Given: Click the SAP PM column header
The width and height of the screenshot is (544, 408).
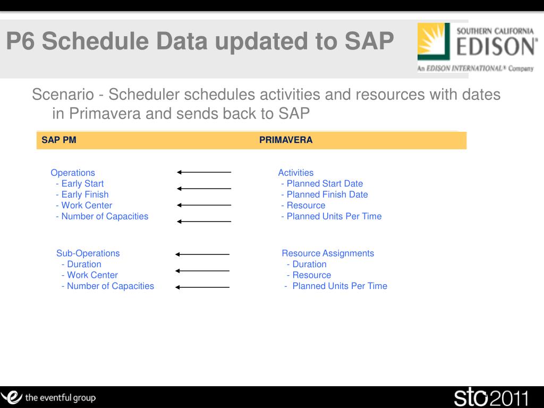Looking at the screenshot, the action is click(59, 140).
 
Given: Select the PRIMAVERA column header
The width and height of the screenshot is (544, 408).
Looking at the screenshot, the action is click(286, 140).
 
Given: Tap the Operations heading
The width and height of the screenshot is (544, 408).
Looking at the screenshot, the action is click(73, 173).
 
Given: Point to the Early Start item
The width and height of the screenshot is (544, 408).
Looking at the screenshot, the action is click(82, 183).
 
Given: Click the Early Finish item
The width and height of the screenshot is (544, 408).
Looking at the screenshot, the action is click(85, 194).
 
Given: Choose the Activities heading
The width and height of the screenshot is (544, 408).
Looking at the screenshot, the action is click(296, 173).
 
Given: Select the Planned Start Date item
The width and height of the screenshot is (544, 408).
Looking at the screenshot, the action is click(325, 183).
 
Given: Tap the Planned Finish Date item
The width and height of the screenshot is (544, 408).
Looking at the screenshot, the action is click(327, 194).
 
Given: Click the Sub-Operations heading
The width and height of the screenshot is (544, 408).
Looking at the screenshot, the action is click(88, 253).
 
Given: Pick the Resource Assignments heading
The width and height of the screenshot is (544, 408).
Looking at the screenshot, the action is click(328, 253).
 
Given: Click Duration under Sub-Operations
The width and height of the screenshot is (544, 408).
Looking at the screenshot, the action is click(84, 264).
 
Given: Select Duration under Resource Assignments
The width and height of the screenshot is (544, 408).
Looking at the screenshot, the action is click(310, 264).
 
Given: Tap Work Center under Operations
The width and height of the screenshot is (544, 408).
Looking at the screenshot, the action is click(87, 206).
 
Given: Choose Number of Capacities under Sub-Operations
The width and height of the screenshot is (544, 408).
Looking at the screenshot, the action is click(110, 286).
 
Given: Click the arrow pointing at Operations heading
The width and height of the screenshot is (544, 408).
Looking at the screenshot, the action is click(204, 172).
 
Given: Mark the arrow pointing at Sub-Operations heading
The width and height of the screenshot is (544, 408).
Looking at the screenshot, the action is click(202, 254).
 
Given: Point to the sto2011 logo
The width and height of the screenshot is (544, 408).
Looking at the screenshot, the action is click(491, 398).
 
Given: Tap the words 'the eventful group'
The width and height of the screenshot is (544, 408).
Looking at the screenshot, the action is click(61, 397).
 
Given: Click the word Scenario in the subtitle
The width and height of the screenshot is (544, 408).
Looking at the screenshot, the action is click(63, 95).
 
